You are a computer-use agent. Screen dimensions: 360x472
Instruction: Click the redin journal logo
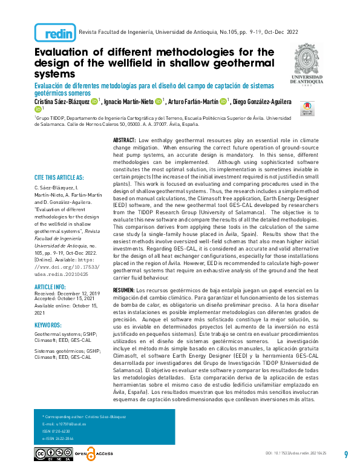pos(55,32)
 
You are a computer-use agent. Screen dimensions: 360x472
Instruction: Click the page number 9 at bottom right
pos(345,454)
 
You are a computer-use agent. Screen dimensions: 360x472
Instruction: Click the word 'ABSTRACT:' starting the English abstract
pos(124,140)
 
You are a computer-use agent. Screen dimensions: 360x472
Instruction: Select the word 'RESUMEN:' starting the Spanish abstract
pos(124,291)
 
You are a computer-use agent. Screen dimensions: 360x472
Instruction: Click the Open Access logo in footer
pos(92,454)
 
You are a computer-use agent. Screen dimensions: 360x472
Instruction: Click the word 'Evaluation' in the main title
pos(66,52)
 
